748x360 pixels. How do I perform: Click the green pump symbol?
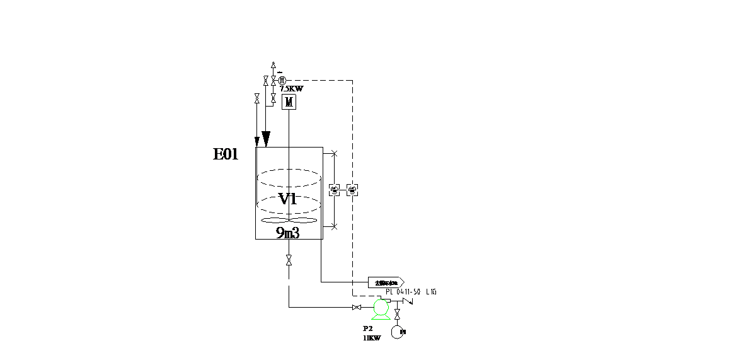pyautogui.click(x=381, y=310)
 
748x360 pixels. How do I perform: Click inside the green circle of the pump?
pyautogui.click(x=381, y=308)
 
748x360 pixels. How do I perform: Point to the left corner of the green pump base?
pyautogui.click(x=372, y=319)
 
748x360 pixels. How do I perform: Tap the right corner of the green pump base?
pyautogui.click(x=390, y=319)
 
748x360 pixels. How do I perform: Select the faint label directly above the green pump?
pyautogui.click(x=386, y=283)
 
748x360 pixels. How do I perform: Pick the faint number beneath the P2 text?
pyautogui.click(x=372, y=338)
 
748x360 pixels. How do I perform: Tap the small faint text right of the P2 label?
pyautogui.click(x=403, y=332)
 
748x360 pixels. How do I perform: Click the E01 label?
pyautogui.click(x=226, y=154)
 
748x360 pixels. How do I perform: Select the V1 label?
pyautogui.click(x=287, y=199)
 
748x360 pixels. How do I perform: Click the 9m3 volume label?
pyautogui.click(x=287, y=233)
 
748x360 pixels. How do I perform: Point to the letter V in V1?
pyautogui.click(x=284, y=199)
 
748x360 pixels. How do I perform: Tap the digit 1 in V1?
pyautogui.click(x=292, y=199)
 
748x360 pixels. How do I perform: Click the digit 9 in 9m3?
pyautogui.click(x=280, y=233)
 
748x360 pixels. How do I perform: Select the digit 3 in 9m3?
pyautogui.click(x=295, y=233)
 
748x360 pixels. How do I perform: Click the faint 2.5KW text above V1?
pyautogui.click(x=291, y=88)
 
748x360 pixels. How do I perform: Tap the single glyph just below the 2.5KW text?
pyautogui.click(x=288, y=102)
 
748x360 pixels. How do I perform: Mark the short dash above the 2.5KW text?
pyautogui.click(x=280, y=73)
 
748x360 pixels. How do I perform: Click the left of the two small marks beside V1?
pyautogui.click(x=335, y=190)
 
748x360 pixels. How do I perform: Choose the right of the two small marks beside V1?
pyautogui.click(x=352, y=190)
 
